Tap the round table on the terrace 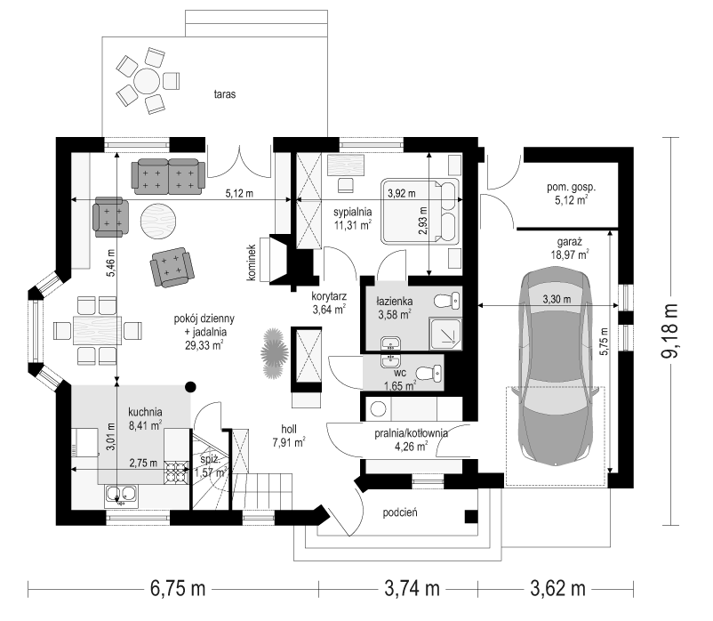[147, 81]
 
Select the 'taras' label [225, 94]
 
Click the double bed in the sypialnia [420, 210]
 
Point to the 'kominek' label [252, 262]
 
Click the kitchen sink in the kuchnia [122, 496]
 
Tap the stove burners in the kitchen [176, 472]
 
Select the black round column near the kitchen [191, 387]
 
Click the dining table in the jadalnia [97, 330]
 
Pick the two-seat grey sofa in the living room [168, 176]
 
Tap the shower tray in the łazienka [445, 335]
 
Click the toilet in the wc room [429, 373]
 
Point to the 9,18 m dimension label [669, 331]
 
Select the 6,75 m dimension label [178, 589]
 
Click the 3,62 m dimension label [557, 589]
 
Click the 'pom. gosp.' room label [571, 187]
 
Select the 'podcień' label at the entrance [400, 512]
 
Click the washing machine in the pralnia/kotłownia [379, 408]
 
